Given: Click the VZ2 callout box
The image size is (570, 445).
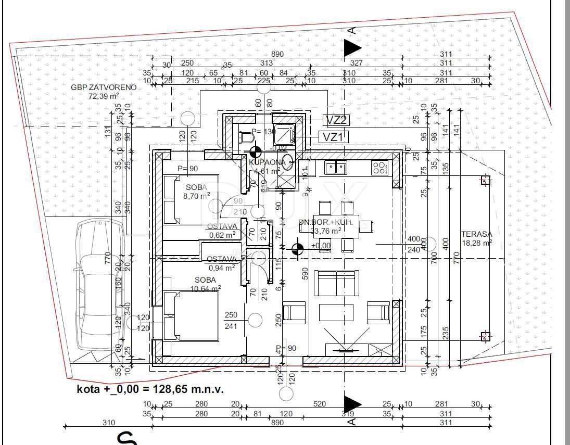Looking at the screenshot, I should [336, 120].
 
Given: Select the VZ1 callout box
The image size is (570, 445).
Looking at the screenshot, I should [333, 137].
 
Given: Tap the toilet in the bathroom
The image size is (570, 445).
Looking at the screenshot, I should [246, 138].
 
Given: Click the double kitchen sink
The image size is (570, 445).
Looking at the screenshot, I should [336, 167].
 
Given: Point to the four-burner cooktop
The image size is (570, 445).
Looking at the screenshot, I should [379, 167].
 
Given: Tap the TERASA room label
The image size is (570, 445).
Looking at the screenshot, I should [476, 234].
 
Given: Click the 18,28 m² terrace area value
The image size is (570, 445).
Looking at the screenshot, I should [476, 243].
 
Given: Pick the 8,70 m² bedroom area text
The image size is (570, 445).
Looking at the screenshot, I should [196, 196].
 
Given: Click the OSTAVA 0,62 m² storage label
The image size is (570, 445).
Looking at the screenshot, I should [222, 231].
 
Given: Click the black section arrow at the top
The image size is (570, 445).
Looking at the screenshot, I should [352, 48].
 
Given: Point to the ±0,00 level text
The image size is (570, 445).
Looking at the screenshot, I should [321, 246].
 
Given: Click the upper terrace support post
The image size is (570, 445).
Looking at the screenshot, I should [485, 181].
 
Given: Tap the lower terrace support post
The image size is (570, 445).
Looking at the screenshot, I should [485, 336].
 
